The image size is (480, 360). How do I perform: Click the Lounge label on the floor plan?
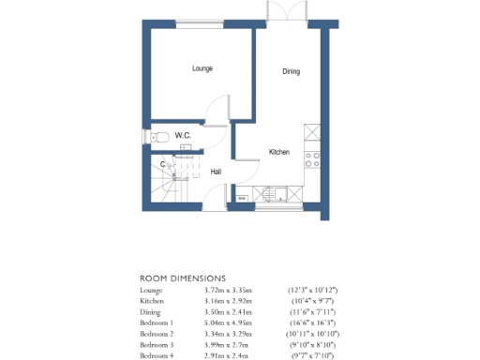202,68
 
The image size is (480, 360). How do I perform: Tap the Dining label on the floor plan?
292,71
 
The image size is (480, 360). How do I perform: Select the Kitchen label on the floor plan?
279,152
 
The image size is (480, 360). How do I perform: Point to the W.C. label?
183,137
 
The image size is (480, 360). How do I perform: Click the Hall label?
216,172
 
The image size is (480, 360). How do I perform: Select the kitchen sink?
280,196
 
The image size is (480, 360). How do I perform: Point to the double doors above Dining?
285,11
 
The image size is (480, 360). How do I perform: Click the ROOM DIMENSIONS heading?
183,278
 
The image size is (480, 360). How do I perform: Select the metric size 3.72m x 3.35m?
229,292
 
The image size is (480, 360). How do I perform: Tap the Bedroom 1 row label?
158,321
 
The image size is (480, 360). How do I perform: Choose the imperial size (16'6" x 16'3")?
312,321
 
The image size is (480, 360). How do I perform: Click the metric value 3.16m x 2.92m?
229,301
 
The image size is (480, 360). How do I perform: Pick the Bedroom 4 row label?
158,355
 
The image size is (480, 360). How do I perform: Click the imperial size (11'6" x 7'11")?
312,310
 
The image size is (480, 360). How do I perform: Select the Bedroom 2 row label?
158,333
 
